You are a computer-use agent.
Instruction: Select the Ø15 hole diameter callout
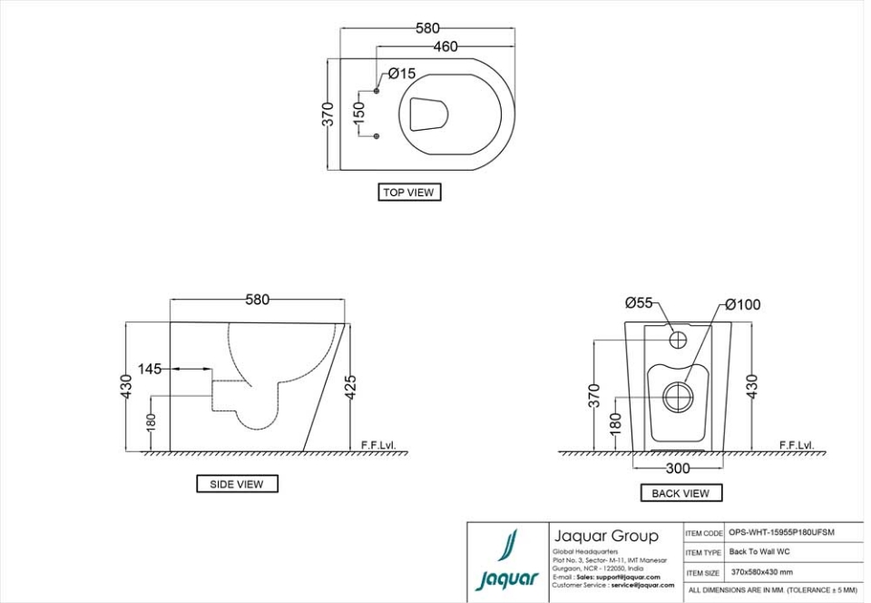[401, 74]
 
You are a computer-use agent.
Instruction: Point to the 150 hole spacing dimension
[359, 114]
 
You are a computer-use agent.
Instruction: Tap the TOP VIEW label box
[409, 193]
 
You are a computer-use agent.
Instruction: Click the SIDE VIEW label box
[237, 484]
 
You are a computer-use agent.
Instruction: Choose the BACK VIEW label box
[680, 493]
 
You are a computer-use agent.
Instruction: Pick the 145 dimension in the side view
[150, 369]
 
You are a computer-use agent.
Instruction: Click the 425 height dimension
[350, 386]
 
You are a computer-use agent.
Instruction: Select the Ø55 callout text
[639, 302]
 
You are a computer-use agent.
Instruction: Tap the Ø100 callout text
[742, 304]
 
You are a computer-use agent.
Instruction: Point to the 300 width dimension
[678, 469]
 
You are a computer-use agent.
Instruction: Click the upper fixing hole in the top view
[377, 91]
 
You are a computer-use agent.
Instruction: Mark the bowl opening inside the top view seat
[428, 114]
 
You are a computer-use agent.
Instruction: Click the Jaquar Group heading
[605, 536]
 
